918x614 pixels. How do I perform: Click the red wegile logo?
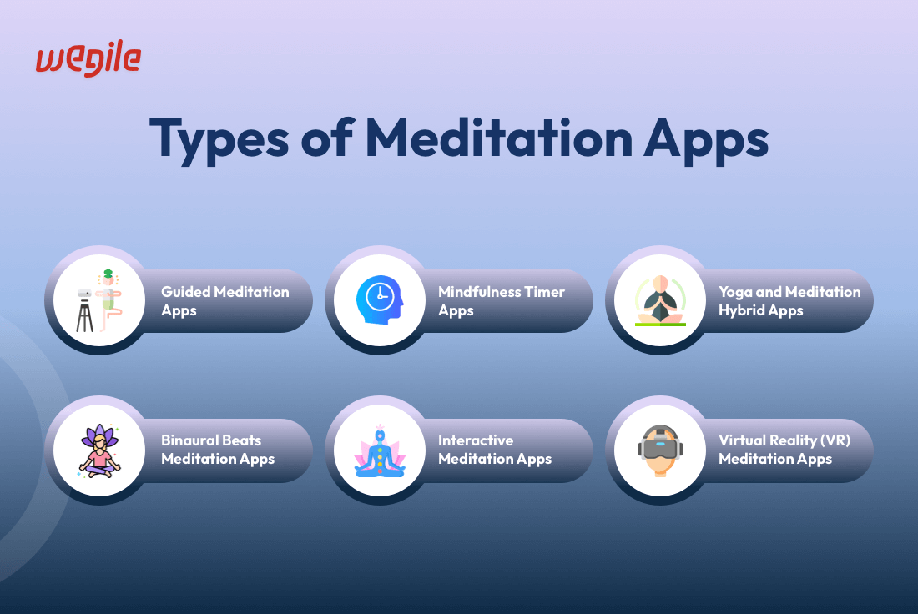(x=88, y=58)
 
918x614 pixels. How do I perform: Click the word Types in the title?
(x=219, y=139)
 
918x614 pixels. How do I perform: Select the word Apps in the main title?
(x=706, y=140)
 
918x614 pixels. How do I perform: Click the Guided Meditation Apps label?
(x=224, y=301)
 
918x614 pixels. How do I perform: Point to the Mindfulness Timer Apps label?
(x=502, y=301)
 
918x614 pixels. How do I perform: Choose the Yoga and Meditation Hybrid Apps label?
(x=789, y=301)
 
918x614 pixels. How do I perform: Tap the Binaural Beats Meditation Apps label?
(x=218, y=450)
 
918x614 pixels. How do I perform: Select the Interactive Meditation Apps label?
(x=495, y=450)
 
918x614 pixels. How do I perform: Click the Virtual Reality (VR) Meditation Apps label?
(x=784, y=450)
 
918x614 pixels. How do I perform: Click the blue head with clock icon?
(x=380, y=300)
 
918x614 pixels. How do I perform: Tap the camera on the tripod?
(x=85, y=294)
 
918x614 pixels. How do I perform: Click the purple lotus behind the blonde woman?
(x=99, y=436)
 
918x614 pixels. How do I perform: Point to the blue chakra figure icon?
(x=380, y=450)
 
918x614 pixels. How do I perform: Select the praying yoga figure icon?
(x=660, y=299)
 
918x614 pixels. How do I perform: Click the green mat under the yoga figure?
(x=660, y=325)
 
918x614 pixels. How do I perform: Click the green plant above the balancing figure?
(x=108, y=274)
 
